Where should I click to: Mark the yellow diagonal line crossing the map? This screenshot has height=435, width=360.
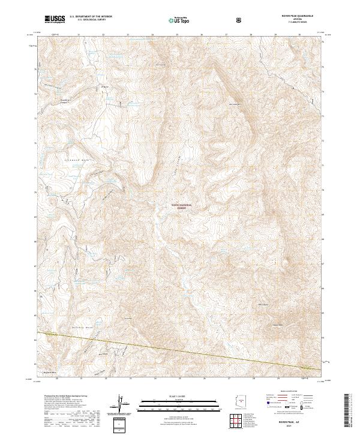pyautogui.click(x=180, y=350)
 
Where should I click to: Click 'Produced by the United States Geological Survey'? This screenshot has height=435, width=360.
pyautogui.click(x=60, y=397)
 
